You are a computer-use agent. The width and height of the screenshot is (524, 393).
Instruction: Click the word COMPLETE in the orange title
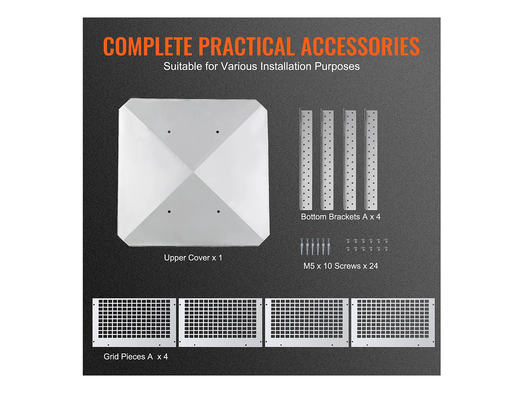tap(147, 46)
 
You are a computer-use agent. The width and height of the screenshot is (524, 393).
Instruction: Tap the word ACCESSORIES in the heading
tap(360, 46)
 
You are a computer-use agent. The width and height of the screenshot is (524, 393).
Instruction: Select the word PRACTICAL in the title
tap(246, 46)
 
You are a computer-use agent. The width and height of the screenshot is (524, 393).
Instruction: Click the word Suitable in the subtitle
tap(183, 66)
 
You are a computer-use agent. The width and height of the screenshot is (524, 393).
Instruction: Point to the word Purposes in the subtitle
tap(337, 67)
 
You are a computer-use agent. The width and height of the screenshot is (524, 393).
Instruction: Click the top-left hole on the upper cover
tap(169, 132)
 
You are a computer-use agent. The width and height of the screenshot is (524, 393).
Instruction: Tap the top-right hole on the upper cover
tap(218, 132)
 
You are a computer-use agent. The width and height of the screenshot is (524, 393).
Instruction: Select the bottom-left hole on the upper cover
tap(169, 212)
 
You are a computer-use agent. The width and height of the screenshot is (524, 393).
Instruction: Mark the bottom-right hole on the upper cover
tap(218, 211)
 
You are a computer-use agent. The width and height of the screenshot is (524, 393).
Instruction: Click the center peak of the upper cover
tap(194, 172)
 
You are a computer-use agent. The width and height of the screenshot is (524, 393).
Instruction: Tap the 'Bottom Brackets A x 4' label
tap(341, 217)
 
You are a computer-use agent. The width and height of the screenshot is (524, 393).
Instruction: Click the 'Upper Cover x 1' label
tap(193, 258)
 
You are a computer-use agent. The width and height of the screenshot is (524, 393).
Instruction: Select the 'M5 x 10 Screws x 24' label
tap(341, 266)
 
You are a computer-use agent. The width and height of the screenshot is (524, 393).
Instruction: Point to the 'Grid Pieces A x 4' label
tap(136, 356)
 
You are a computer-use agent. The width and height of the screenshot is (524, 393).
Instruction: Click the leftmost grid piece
tap(134, 322)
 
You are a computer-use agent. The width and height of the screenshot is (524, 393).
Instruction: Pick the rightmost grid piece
tap(393, 322)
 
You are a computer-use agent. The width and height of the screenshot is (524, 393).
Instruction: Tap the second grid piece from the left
tap(220, 322)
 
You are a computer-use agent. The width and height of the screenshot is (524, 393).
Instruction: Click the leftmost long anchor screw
tap(302, 247)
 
